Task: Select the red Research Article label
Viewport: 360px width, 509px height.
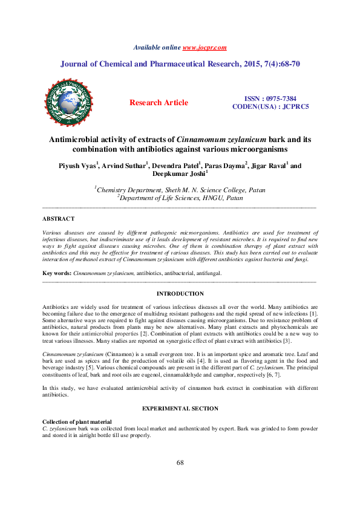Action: (x=159, y=103)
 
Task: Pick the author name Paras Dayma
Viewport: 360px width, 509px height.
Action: (x=224, y=165)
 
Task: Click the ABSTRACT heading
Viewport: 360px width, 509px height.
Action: (x=58, y=218)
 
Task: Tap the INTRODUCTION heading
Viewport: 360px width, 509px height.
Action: (x=180, y=293)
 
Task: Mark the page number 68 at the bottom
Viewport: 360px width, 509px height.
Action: (x=180, y=480)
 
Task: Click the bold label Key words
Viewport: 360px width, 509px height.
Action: (x=57, y=273)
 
